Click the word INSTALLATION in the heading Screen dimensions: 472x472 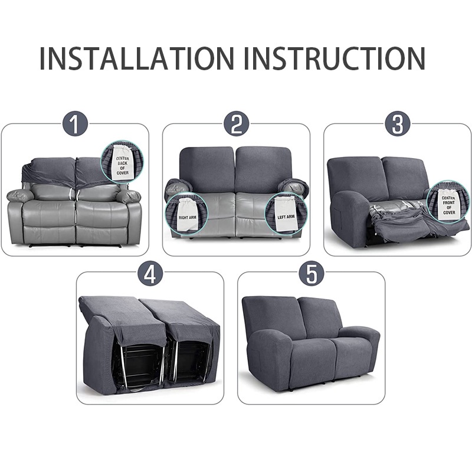click(137, 58)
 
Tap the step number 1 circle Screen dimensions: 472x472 click(76, 124)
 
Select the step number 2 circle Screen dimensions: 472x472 click(237, 124)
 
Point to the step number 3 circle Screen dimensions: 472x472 click(398, 124)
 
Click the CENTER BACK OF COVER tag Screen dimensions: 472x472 click(122, 164)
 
